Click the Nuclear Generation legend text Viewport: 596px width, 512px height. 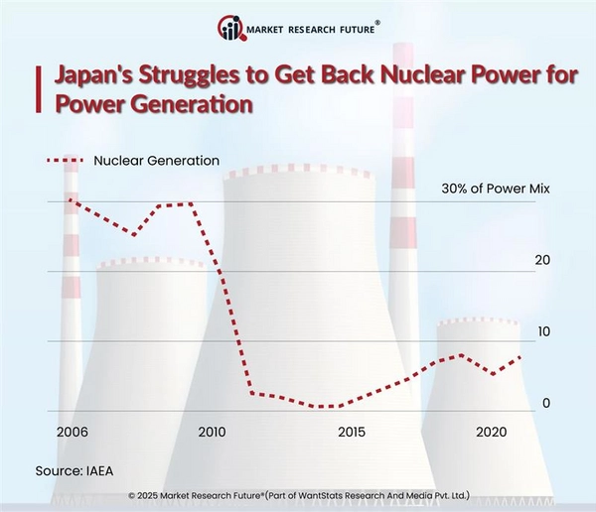pyautogui.click(x=156, y=160)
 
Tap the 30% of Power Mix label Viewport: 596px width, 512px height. pyautogui.click(x=495, y=189)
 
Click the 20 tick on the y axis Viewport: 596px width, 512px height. pyautogui.click(x=542, y=260)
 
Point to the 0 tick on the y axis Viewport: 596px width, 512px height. pyautogui.click(x=546, y=403)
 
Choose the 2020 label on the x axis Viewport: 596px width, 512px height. pyautogui.click(x=493, y=433)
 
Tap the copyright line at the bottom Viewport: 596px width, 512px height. pyautogui.click(x=298, y=494)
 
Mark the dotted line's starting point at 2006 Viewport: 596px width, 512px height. pyautogui.click(x=69, y=199)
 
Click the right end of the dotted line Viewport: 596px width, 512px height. pyautogui.click(x=521, y=357)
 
